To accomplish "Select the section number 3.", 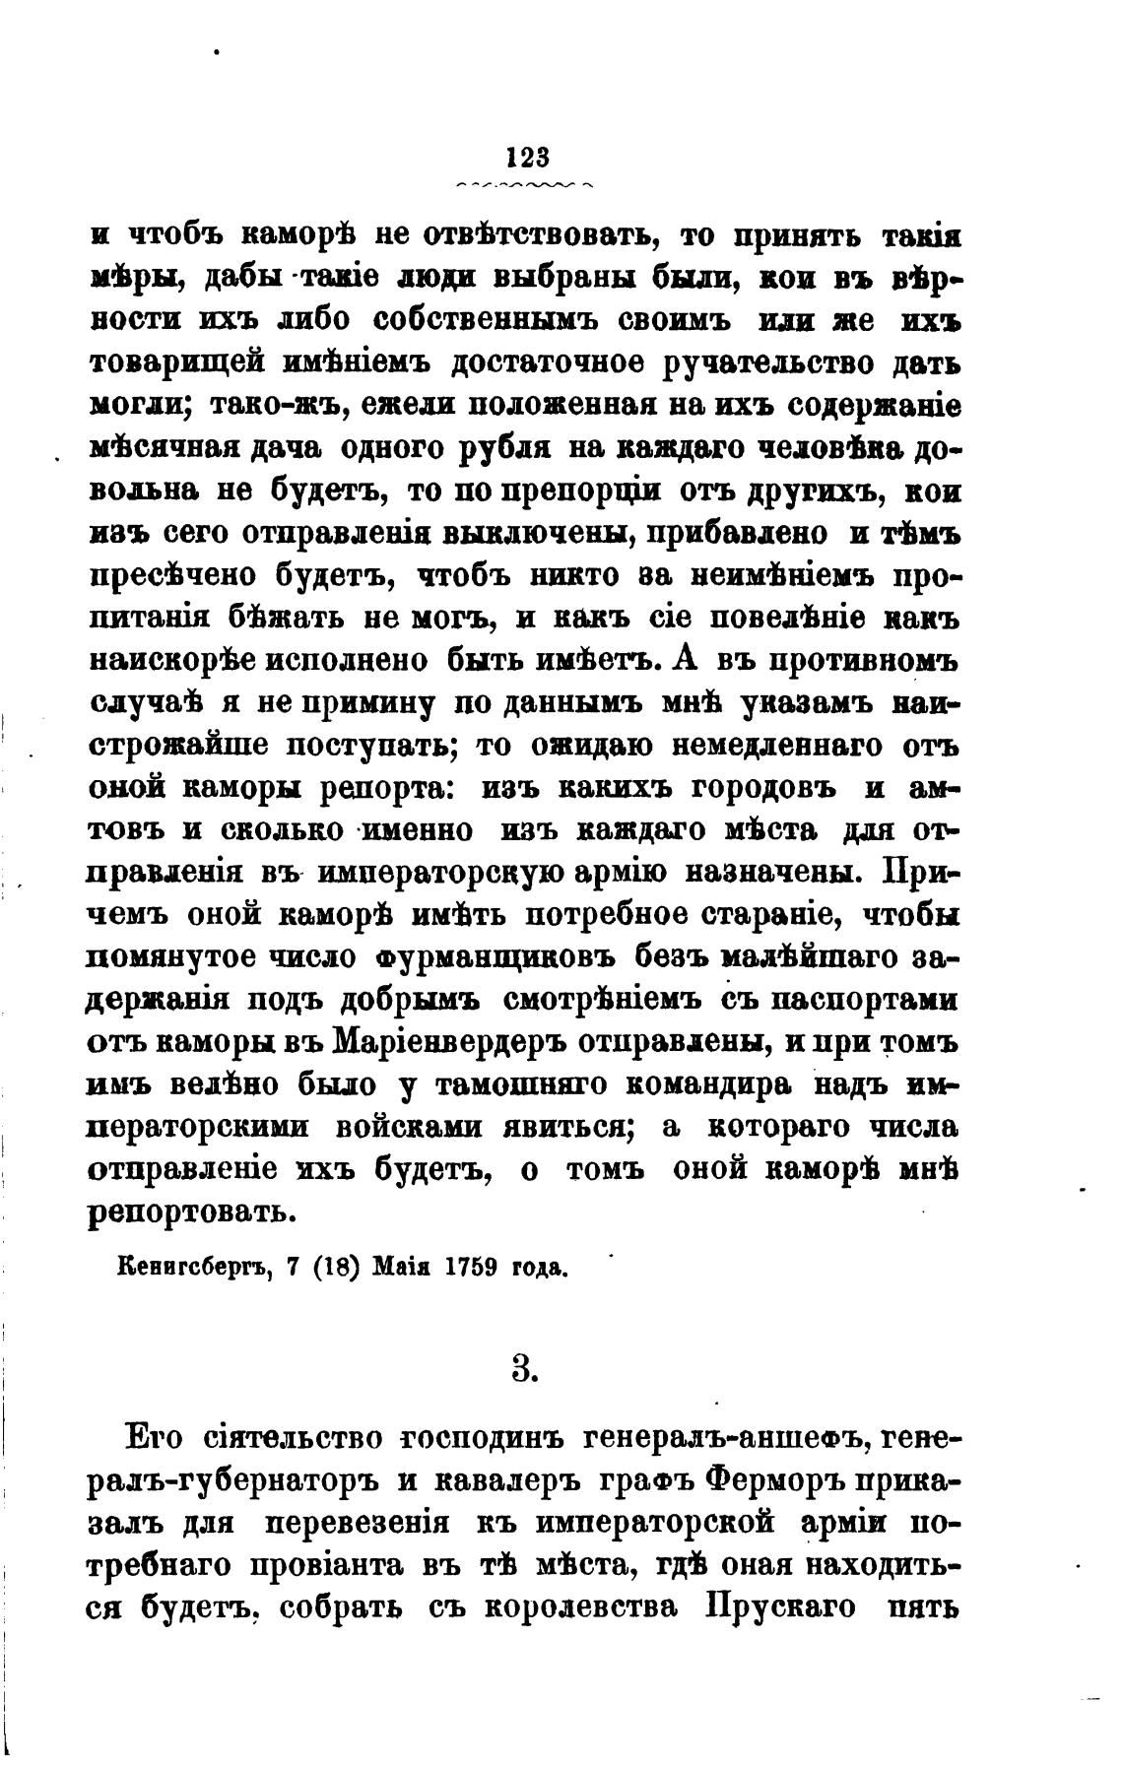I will [523, 1369].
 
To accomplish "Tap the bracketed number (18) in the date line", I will [334, 1267].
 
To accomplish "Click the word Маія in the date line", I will [402, 1267].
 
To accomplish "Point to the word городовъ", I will [746, 788].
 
